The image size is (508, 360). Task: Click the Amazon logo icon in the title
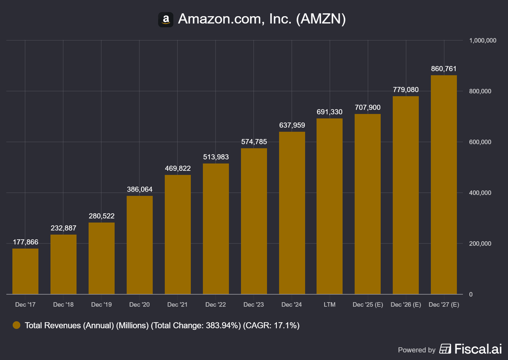click(165, 20)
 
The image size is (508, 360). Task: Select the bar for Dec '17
click(25, 271)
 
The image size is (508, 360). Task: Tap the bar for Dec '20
click(140, 245)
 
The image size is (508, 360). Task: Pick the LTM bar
click(330, 206)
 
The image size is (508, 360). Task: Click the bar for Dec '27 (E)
click(444, 184)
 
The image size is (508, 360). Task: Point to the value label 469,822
click(178, 168)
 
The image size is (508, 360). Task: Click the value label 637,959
click(292, 125)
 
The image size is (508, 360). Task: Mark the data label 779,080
click(405, 90)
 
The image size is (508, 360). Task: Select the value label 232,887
click(63, 228)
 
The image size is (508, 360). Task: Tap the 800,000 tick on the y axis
click(480, 91)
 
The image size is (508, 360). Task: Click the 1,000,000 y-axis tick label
click(483, 40)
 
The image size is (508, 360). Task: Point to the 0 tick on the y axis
click(471, 294)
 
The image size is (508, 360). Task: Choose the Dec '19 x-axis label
click(101, 304)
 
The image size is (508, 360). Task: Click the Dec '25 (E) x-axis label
click(368, 304)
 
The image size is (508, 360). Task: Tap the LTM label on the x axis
click(330, 304)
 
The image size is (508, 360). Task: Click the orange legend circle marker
click(17, 325)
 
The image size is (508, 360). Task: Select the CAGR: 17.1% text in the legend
click(271, 325)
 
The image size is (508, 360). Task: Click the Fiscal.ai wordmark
click(478, 349)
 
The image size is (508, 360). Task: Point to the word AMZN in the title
click(321, 19)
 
